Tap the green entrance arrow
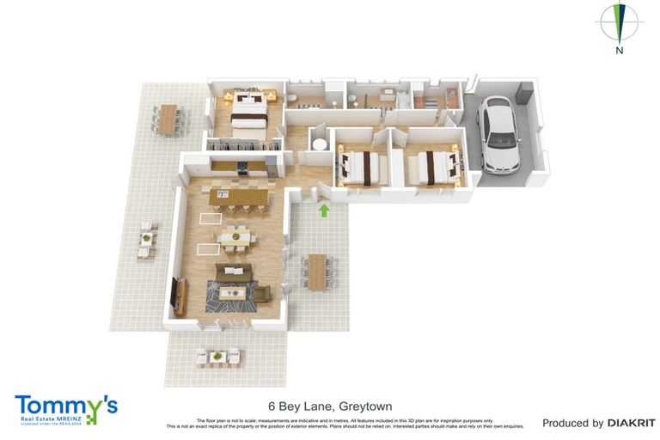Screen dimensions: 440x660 click(324, 210)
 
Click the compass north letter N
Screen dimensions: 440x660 click(619, 51)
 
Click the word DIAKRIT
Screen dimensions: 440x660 click(632, 423)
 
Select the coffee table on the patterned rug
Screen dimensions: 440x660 click(233, 294)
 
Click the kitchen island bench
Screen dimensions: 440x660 click(240, 197)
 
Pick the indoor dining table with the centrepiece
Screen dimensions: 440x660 click(234, 234)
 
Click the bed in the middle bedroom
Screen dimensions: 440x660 click(359, 163)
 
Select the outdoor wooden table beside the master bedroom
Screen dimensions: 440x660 click(168, 119)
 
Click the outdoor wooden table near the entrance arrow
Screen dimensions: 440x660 click(317, 272)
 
